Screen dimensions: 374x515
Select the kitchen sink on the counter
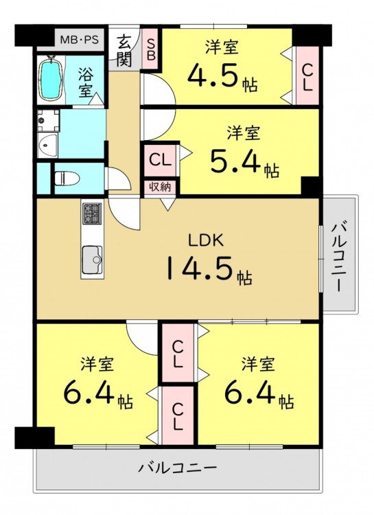click(x=92, y=260)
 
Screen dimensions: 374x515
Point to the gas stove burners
click(x=92, y=214)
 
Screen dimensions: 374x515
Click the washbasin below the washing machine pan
click(x=48, y=146)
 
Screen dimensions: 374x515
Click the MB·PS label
click(x=80, y=40)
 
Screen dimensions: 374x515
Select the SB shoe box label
click(x=151, y=49)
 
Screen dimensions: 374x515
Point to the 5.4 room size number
click(x=235, y=161)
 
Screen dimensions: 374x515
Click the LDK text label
click(x=206, y=241)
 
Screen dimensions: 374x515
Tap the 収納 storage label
click(x=161, y=187)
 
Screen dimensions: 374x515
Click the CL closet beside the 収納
click(x=161, y=161)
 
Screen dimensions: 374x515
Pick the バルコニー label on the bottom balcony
click(x=177, y=467)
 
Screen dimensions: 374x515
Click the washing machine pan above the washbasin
click(x=48, y=120)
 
